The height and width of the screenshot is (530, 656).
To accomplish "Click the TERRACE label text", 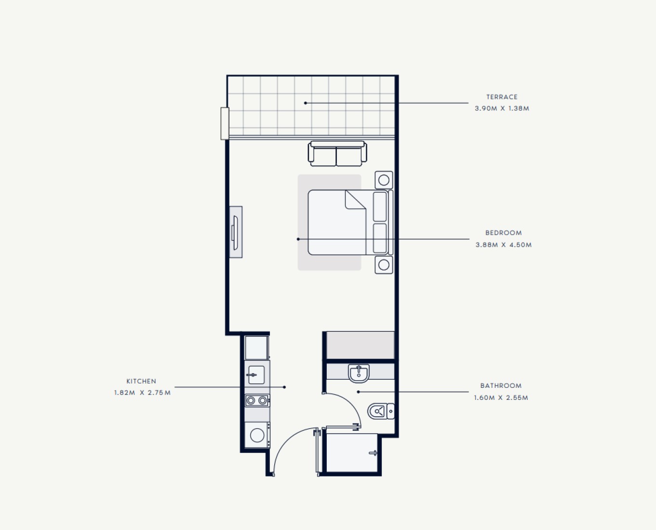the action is pos(502,97).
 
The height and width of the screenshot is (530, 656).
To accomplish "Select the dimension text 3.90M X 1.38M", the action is pos(502,108).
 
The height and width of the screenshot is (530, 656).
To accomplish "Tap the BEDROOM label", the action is pos(503,233).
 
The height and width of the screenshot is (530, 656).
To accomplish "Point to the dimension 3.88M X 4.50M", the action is pos(503,245).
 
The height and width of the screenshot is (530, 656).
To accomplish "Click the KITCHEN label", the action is pos(141,381).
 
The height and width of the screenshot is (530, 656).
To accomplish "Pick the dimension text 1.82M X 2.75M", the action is pos(142,393).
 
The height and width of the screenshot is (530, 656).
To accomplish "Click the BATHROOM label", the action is pos(501,385).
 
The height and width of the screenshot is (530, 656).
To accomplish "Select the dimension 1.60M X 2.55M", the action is pos(501,397).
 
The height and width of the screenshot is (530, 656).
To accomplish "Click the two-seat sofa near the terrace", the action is pos(337,154).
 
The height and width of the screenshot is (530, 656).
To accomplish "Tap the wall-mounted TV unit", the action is pos(236,232).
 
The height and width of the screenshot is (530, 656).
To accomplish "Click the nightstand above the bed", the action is pos(384,180).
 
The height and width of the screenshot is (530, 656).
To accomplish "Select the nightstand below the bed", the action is pos(384,265).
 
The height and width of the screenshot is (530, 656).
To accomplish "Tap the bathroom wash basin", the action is pos(359,373).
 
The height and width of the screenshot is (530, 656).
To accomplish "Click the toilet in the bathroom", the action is pos(381,411).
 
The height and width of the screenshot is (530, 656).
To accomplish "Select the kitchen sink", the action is pos(256,375).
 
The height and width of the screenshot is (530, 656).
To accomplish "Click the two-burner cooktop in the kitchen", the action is pos(257,400).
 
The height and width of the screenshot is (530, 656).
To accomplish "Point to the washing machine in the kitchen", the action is pos(257,435).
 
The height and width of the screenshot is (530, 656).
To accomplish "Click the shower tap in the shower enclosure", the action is pos(373,453).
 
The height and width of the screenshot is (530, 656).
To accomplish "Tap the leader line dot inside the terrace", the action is pos(306,103).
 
